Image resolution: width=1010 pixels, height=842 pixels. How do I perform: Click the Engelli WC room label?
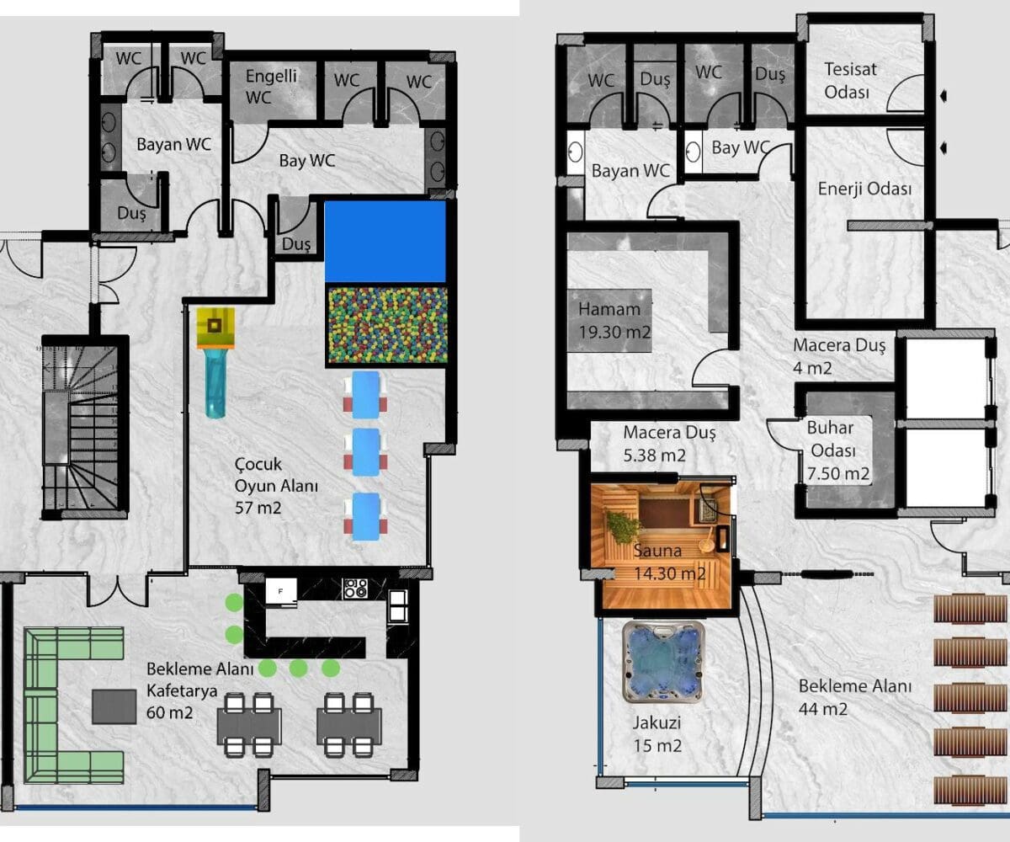click(271, 87)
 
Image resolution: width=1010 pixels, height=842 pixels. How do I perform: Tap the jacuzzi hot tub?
click(662, 662)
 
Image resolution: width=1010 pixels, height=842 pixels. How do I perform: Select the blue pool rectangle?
click(385, 241)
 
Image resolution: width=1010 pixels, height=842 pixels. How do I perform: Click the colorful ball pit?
click(387, 325)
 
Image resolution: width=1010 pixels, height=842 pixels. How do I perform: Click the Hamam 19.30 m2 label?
click(614, 320)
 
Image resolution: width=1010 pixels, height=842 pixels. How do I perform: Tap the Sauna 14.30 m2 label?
click(669, 562)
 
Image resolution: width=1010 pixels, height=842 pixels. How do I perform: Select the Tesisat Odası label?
click(850, 80)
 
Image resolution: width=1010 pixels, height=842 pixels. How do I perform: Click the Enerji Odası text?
click(864, 189)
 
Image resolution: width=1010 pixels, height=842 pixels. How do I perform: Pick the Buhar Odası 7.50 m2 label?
click(837, 450)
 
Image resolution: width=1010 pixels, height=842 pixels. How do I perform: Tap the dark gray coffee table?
click(114, 706)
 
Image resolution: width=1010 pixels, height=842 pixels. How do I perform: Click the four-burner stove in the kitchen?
click(355, 589)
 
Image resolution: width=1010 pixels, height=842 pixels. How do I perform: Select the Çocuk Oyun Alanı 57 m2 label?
click(276, 486)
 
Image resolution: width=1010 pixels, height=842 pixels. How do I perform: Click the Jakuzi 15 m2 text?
click(657, 734)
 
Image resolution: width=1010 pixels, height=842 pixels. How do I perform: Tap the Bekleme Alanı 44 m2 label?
click(855, 697)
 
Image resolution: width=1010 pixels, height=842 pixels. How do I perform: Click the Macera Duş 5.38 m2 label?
click(669, 443)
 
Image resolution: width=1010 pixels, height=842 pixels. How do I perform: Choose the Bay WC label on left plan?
click(306, 161)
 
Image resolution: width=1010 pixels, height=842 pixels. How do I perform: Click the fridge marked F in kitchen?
click(281, 591)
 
